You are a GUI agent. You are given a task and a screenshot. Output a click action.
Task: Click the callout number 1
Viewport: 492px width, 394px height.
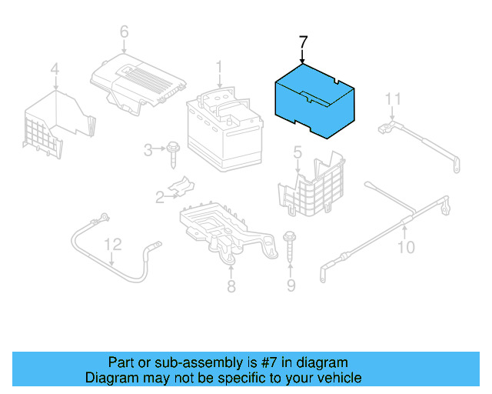click(219, 67)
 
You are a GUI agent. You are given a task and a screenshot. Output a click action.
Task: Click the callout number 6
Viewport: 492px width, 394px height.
click(124, 32)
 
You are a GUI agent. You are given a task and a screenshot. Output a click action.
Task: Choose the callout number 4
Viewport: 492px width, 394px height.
click(55, 72)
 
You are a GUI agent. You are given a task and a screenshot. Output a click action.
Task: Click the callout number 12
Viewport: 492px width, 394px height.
click(113, 244)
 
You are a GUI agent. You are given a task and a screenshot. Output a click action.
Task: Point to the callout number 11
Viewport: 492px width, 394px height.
click(393, 98)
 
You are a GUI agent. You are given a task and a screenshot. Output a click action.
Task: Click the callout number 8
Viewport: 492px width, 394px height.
click(231, 287)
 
